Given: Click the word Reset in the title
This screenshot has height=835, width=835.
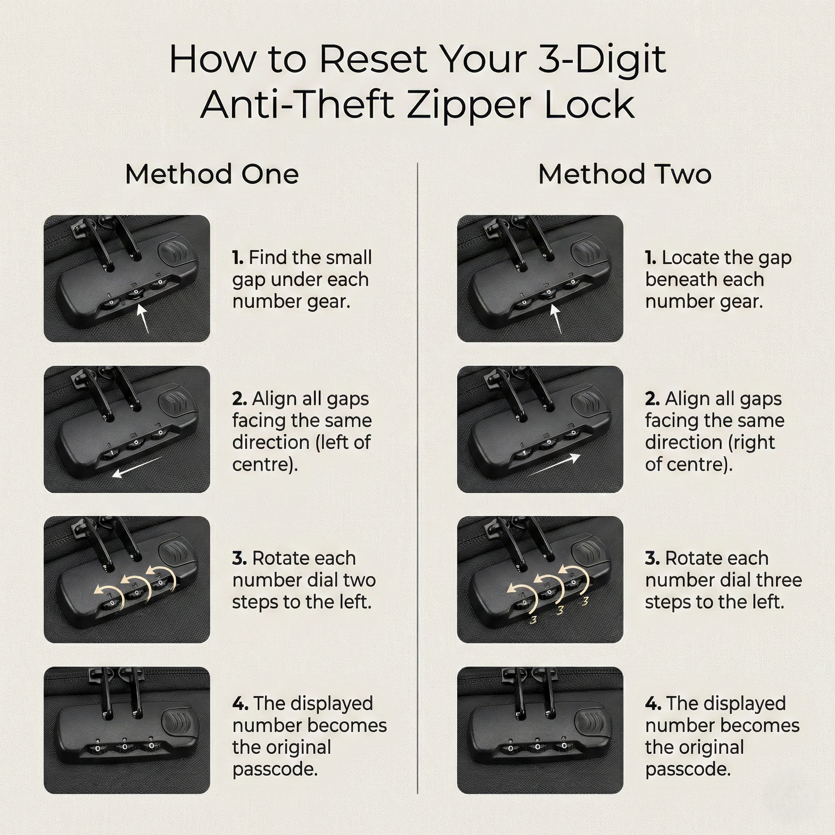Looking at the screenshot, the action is click(x=374, y=59).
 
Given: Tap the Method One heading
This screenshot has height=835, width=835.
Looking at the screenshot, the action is click(x=212, y=174).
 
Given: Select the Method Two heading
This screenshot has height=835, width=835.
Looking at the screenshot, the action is click(x=624, y=174).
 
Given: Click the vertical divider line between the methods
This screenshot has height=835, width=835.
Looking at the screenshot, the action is click(x=417, y=478).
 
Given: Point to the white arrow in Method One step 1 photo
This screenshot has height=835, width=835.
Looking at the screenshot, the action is click(x=143, y=318).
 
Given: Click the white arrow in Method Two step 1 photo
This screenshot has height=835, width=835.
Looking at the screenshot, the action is click(x=557, y=318).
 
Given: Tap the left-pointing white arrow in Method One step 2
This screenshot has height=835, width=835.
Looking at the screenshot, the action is click(x=137, y=467).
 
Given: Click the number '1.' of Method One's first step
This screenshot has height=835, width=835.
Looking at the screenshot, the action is click(x=238, y=257).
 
